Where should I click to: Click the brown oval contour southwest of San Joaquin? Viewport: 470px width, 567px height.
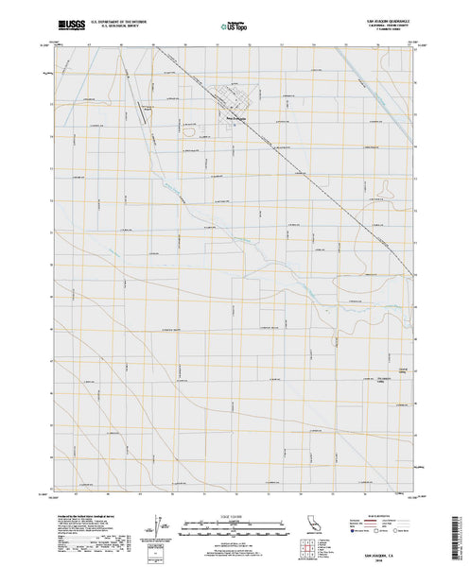pyautogui.click(x=188, y=132)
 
